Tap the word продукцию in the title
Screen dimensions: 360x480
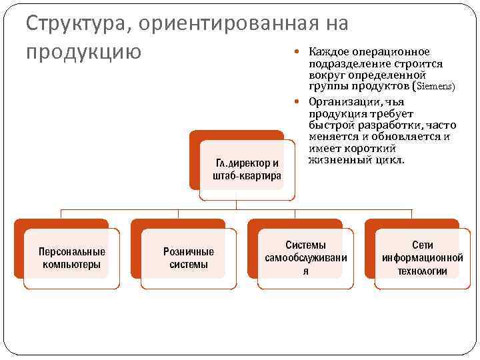(83, 51)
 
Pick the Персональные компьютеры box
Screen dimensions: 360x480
(72, 258)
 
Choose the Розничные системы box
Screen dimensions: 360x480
(189, 258)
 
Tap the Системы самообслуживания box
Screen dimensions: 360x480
(306, 258)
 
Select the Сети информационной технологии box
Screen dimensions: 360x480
(422, 258)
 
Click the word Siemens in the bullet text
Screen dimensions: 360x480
(435, 87)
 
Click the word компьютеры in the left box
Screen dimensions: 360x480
(72, 265)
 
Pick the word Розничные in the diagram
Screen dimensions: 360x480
(189, 252)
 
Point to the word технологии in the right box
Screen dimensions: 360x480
(422, 271)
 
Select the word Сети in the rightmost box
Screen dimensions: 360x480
(422, 245)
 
